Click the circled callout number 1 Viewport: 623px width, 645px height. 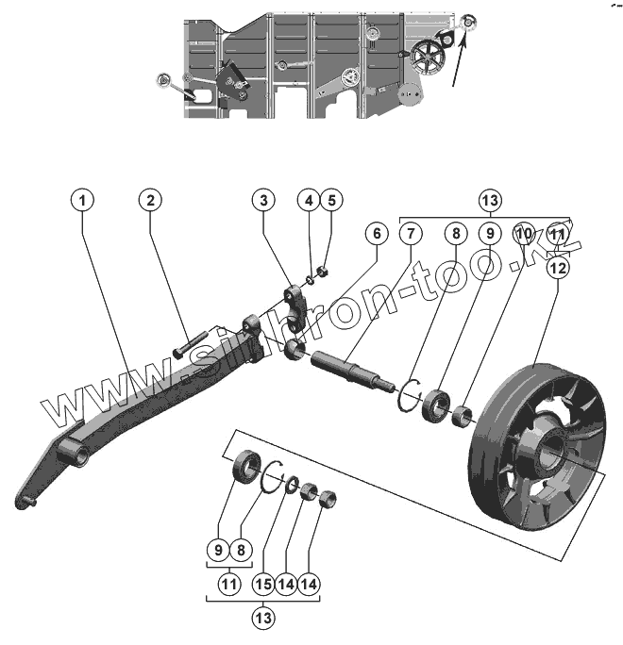point(84,200)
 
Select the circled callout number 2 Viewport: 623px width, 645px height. point(149,200)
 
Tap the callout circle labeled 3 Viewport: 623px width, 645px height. point(264,200)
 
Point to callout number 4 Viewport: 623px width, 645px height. point(308,200)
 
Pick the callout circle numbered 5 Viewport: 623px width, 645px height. point(330,200)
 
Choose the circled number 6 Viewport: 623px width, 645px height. point(375,232)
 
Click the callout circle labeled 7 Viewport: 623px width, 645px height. point(409,232)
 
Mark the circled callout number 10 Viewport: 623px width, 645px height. point(524,232)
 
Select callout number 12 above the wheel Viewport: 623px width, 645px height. point(558,267)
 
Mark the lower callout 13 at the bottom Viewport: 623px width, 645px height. point(263,619)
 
